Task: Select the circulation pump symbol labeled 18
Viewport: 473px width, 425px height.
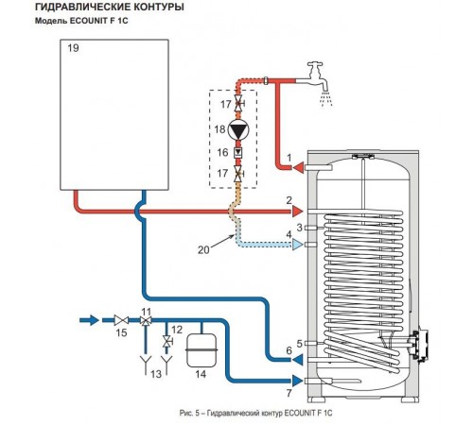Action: tap(238, 129)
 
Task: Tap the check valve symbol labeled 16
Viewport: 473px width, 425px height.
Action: tap(238, 153)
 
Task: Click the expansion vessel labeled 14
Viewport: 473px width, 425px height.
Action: tap(201, 350)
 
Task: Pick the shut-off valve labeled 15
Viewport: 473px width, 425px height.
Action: tap(121, 321)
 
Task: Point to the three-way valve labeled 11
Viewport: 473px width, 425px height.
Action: tap(146, 321)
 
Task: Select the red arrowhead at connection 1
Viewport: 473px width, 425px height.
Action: tap(298, 167)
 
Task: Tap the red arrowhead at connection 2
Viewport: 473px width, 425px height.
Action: tap(297, 212)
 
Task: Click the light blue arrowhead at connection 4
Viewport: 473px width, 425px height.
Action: tap(297, 245)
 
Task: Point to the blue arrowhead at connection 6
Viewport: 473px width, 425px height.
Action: tap(298, 359)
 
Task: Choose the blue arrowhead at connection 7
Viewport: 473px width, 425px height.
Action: tap(297, 381)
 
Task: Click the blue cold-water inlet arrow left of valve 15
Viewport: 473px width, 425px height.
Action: tap(90, 320)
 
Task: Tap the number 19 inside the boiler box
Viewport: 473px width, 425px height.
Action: tap(73, 48)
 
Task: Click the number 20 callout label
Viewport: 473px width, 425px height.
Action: tap(203, 250)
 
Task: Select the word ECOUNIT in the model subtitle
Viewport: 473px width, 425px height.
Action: tap(89, 21)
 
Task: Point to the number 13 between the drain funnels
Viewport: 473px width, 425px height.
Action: tap(156, 374)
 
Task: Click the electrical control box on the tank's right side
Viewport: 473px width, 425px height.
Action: tap(418, 345)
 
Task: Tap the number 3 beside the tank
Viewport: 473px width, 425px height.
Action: tap(300, 227)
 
